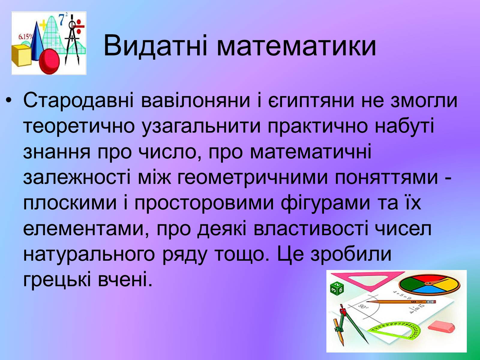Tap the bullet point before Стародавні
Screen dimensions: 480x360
coord(8,100)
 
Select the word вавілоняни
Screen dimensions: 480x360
coord(195,100)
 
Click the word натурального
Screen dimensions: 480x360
coord(89,255)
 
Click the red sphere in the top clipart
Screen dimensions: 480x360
coord(49,61)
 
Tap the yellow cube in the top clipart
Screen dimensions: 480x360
coord(21,55)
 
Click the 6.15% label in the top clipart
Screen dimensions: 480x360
coord(25,37)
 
